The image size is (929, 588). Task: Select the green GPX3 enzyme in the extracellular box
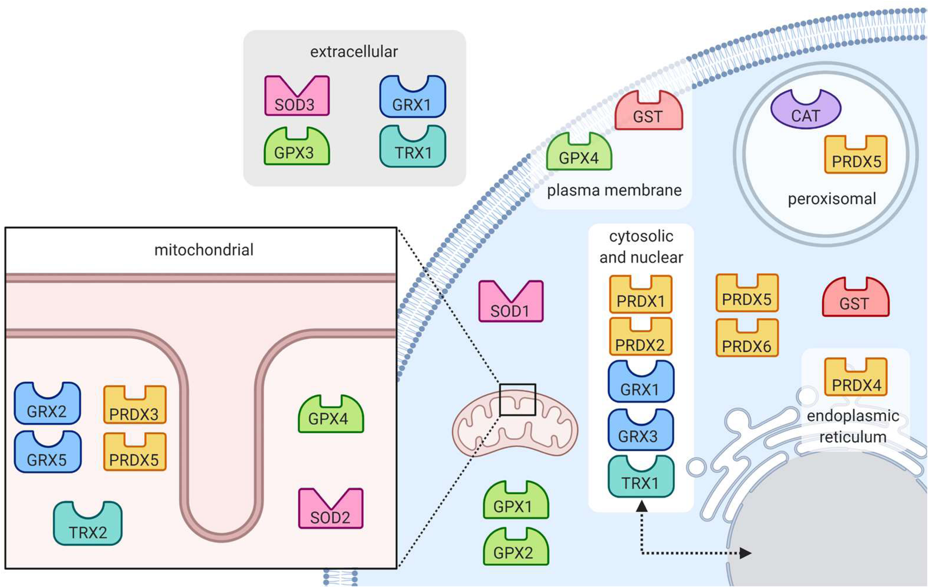click(x=296, y=148)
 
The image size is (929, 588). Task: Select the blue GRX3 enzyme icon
click(x=640, y=432)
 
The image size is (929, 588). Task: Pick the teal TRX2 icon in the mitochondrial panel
click(x=88, y=525)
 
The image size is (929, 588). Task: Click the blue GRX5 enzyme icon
click(x=48, y=454)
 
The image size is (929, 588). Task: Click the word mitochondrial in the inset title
click(x=204, y=250)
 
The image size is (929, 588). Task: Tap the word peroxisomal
click(x=832, y=199)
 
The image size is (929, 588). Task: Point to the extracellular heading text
click(x=354, y=52)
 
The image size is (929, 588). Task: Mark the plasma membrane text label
click(x=614, y=190)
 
